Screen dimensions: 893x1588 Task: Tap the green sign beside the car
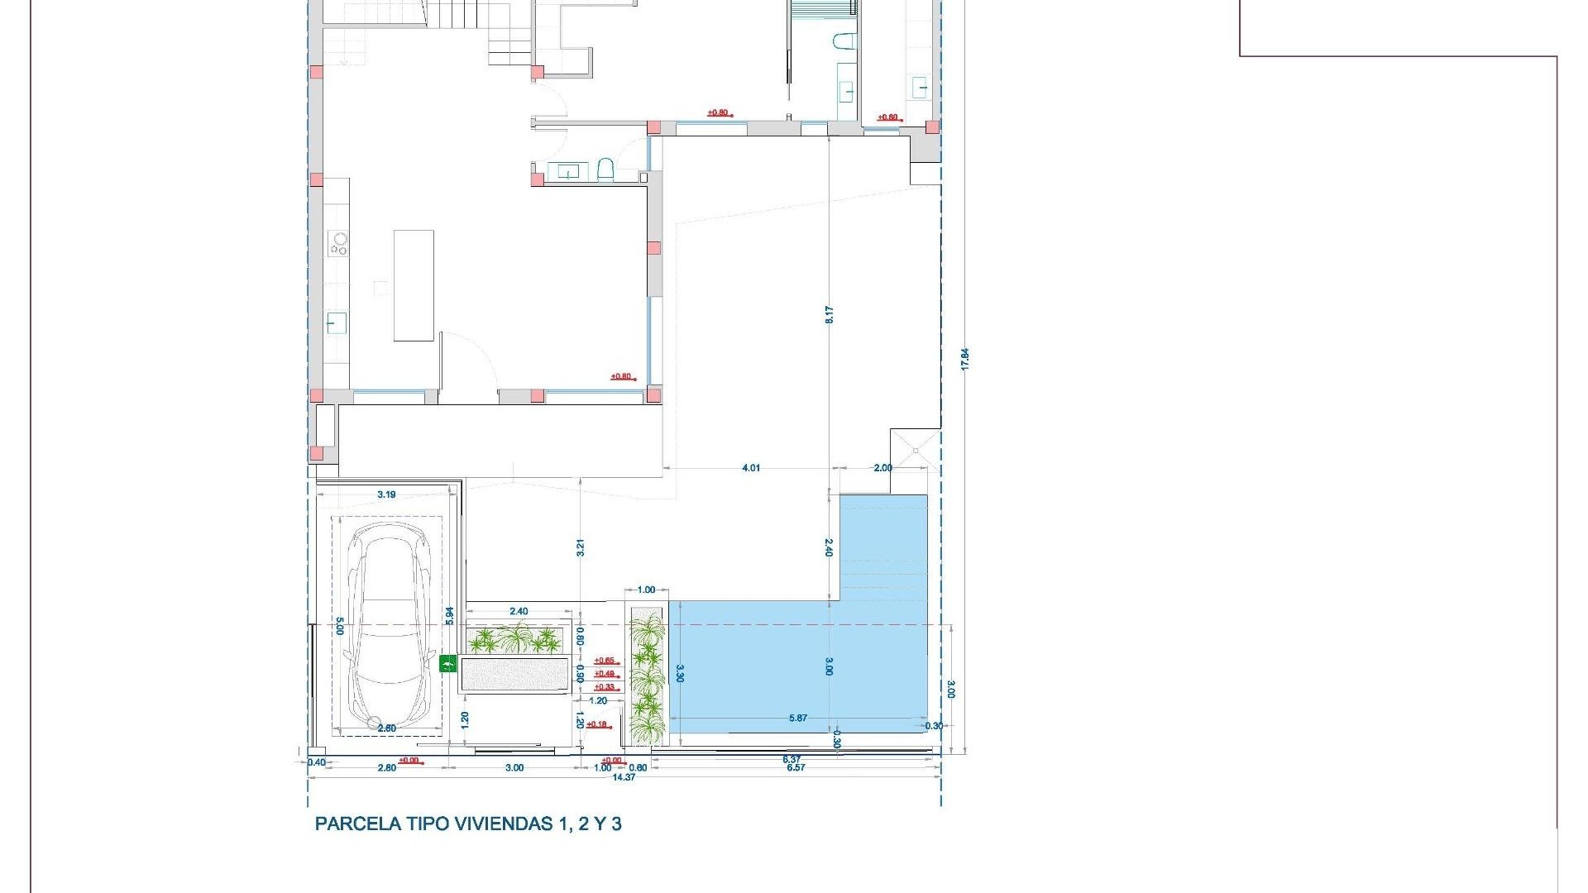point(447,662)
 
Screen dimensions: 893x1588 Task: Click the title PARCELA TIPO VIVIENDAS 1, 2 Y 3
point(468,824)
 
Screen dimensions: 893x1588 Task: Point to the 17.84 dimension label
point(964,359)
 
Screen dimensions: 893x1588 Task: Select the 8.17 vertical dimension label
point(829,314)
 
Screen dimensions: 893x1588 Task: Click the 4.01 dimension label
point(750,468)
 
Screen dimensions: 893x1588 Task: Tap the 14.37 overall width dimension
point(624,777)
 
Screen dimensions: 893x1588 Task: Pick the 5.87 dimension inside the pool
point(798,719)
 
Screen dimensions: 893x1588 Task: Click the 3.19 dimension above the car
point(386,494)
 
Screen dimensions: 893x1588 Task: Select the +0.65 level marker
point(605,661)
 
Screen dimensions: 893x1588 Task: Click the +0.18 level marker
point(596,724)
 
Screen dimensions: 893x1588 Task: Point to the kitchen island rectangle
point(414,285)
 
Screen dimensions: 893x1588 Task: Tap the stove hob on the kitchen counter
point(339,243)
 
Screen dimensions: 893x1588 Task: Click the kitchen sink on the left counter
point(336,322)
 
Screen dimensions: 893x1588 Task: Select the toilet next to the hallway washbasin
point(605,170)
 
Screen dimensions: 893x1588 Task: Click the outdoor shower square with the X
point(916,450)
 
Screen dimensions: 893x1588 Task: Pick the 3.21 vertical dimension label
point(581,547)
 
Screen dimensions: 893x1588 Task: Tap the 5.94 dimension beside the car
point(449,615)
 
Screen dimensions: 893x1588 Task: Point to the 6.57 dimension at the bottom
point(796,768)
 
